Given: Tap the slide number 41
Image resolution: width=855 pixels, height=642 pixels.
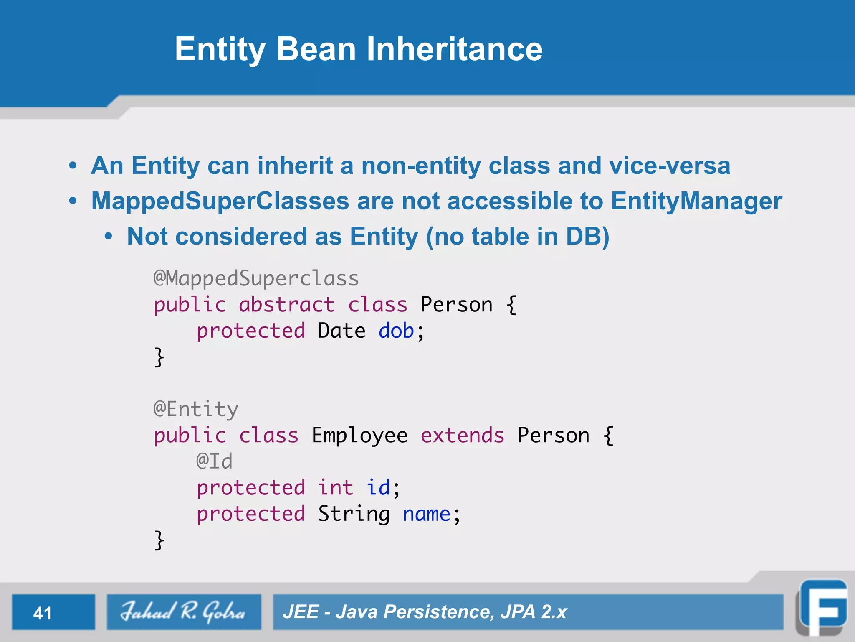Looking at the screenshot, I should click(x=43, y=613).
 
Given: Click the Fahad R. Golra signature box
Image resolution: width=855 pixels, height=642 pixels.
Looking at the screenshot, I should click(x=184, y=612).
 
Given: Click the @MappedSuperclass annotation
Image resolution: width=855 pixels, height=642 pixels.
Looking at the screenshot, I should click(x=256, y=278).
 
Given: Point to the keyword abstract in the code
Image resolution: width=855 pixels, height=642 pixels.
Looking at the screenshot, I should click(x=286, y=304).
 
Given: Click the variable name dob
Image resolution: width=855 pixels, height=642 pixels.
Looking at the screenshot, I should click(x=396, y=331).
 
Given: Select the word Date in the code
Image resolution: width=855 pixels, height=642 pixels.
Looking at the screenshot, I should click(x=341, y=331).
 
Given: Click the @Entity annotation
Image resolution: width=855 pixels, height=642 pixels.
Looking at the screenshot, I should click(x=196, y=409).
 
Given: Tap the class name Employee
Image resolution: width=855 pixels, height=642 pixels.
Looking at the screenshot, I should click(x=359, y=436).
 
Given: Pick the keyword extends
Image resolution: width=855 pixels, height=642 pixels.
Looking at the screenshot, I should click(x=462, y=436).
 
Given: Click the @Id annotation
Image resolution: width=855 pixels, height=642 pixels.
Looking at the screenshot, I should click(x=214, y=461).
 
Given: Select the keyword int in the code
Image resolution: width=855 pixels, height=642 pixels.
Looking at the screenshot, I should click(x=336, y=488).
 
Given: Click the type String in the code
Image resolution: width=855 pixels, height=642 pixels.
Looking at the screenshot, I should click(x=354, y=514).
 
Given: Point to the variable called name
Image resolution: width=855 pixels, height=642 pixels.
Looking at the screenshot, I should click(x=426, y=514).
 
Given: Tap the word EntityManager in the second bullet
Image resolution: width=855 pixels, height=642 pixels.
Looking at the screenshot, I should click(x=696, y=201).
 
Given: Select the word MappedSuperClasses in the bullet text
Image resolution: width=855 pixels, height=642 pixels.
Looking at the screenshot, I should click(x=220, y=201).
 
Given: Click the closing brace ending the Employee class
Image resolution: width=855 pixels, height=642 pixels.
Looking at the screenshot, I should click(x=159, y=540).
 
